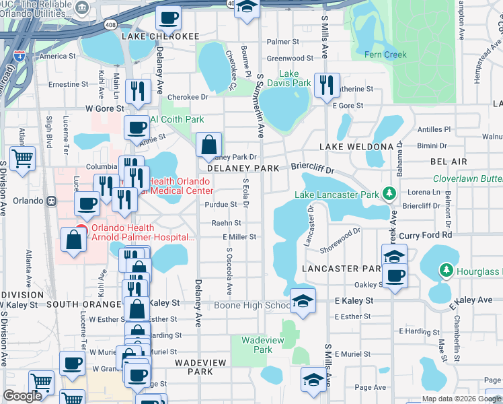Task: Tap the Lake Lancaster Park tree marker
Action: tap(388, 195)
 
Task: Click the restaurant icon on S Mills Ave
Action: tap(327, 86)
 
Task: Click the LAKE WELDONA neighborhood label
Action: tap(356, 146)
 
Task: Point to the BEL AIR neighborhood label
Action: tap(449, 162)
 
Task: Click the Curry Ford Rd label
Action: tap(426, 236)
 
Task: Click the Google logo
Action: tap(22, 396)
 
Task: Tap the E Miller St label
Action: tap(239, 237)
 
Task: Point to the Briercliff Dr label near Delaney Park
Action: tap(312, 166)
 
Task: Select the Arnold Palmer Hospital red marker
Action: tap(81, 230)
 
